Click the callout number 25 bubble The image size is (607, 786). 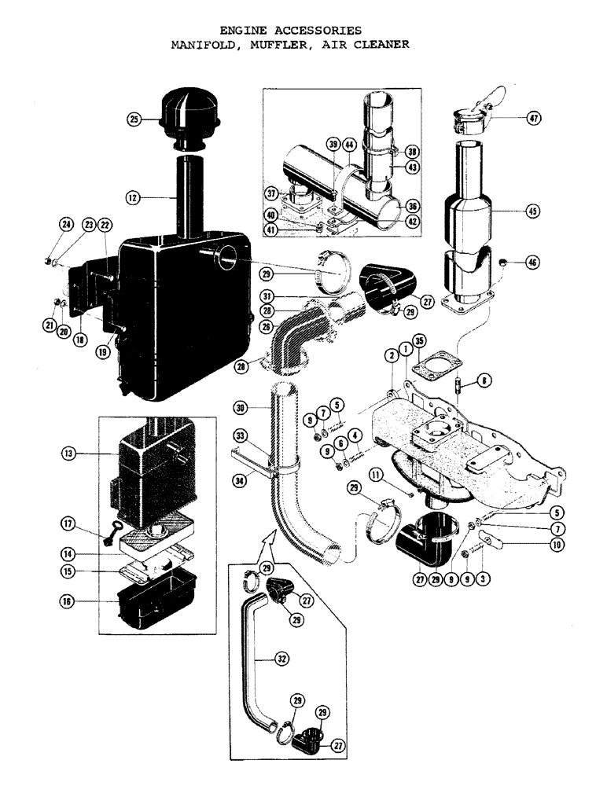tap(134, 119)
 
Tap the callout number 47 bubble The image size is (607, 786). tap(534, 119)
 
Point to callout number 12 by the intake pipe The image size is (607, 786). tap(134, 199)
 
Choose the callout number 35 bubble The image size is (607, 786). tap(420, 340)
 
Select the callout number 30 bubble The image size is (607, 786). tap(241, 407)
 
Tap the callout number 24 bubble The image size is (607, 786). tap(67, 225)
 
